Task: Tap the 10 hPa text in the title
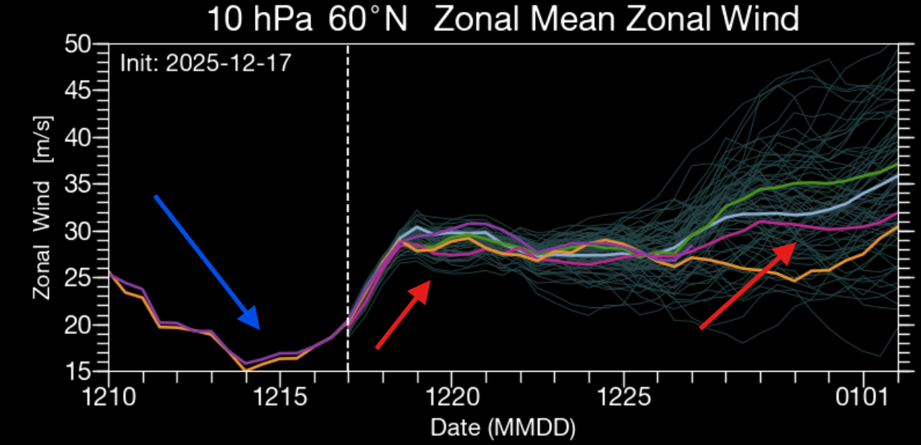(251, 19)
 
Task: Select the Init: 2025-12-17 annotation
(205, 62)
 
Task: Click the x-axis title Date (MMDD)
(503, 427)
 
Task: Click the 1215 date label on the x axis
(279, 398)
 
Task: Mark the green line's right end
(897, 164)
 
